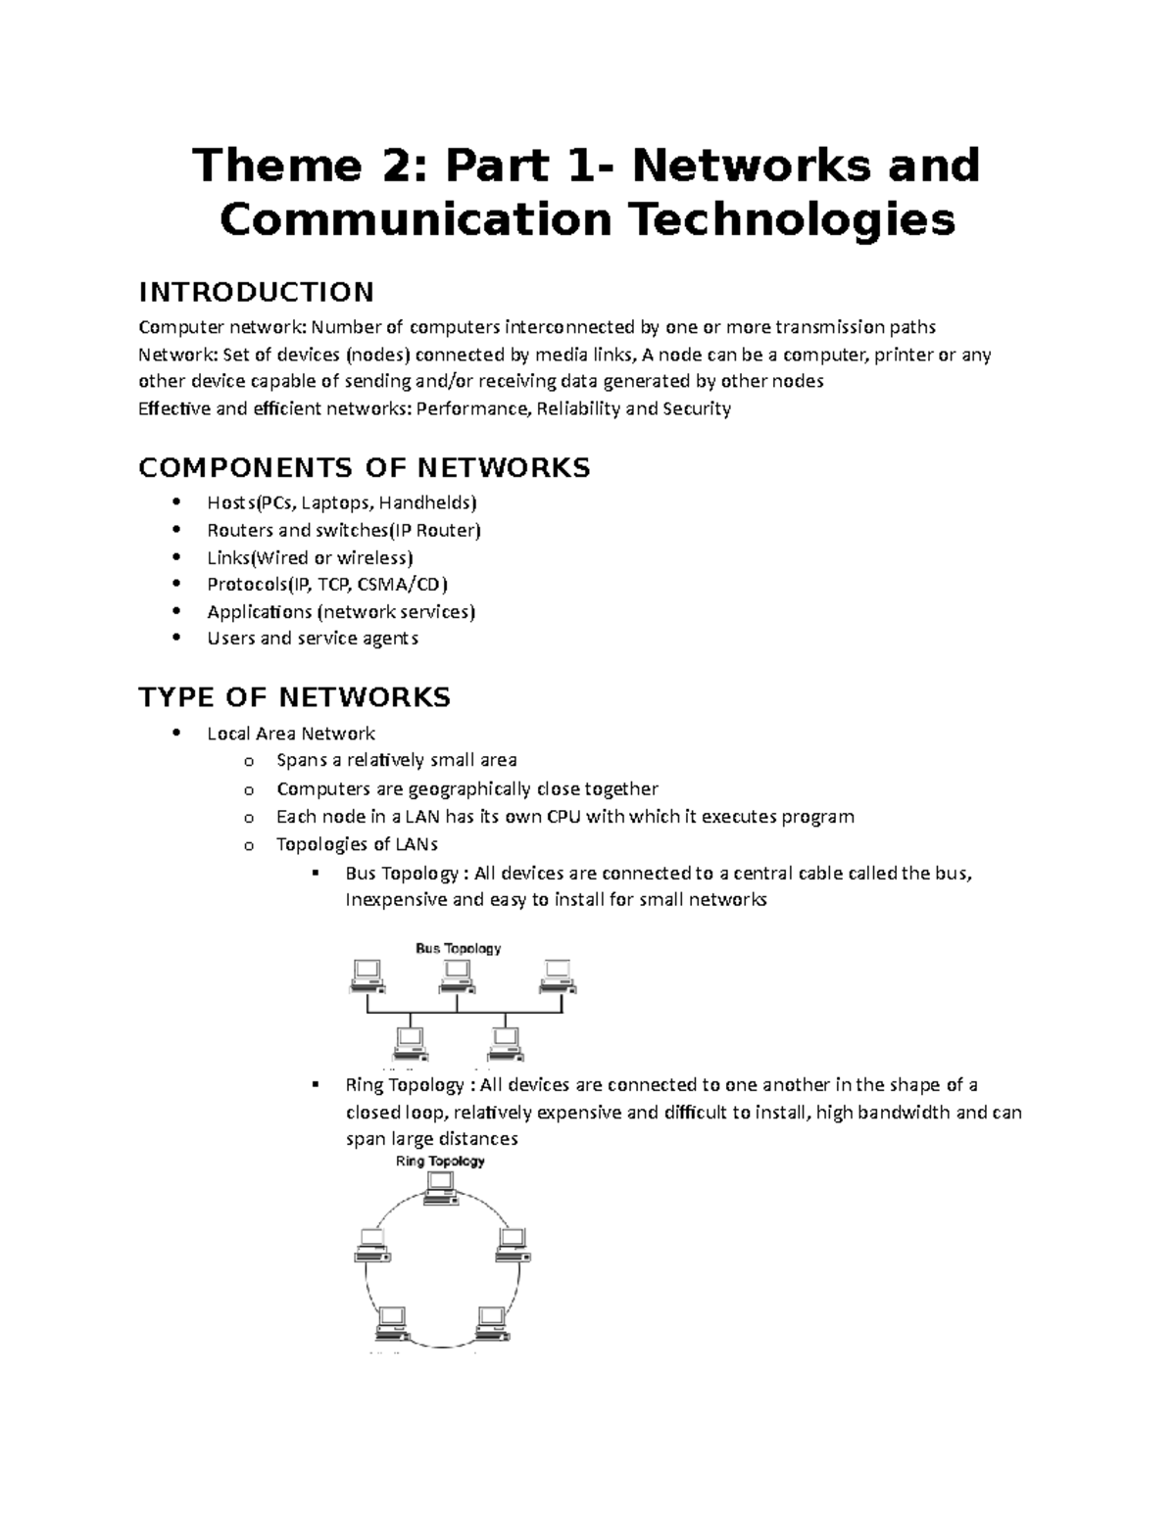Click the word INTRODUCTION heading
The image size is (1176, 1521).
pos(256,292)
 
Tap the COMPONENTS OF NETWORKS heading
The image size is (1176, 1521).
pos(364,468)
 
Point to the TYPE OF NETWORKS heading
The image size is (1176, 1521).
pos(294,697)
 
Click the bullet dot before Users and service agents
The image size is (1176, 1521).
pos(176,638)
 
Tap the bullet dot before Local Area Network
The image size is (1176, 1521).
pos(176,733)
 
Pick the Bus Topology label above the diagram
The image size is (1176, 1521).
pos(458,948)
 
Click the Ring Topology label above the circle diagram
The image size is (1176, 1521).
pos(440,1162)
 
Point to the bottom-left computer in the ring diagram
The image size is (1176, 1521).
pos(392,1323)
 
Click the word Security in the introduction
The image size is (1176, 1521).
pos(697,408)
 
